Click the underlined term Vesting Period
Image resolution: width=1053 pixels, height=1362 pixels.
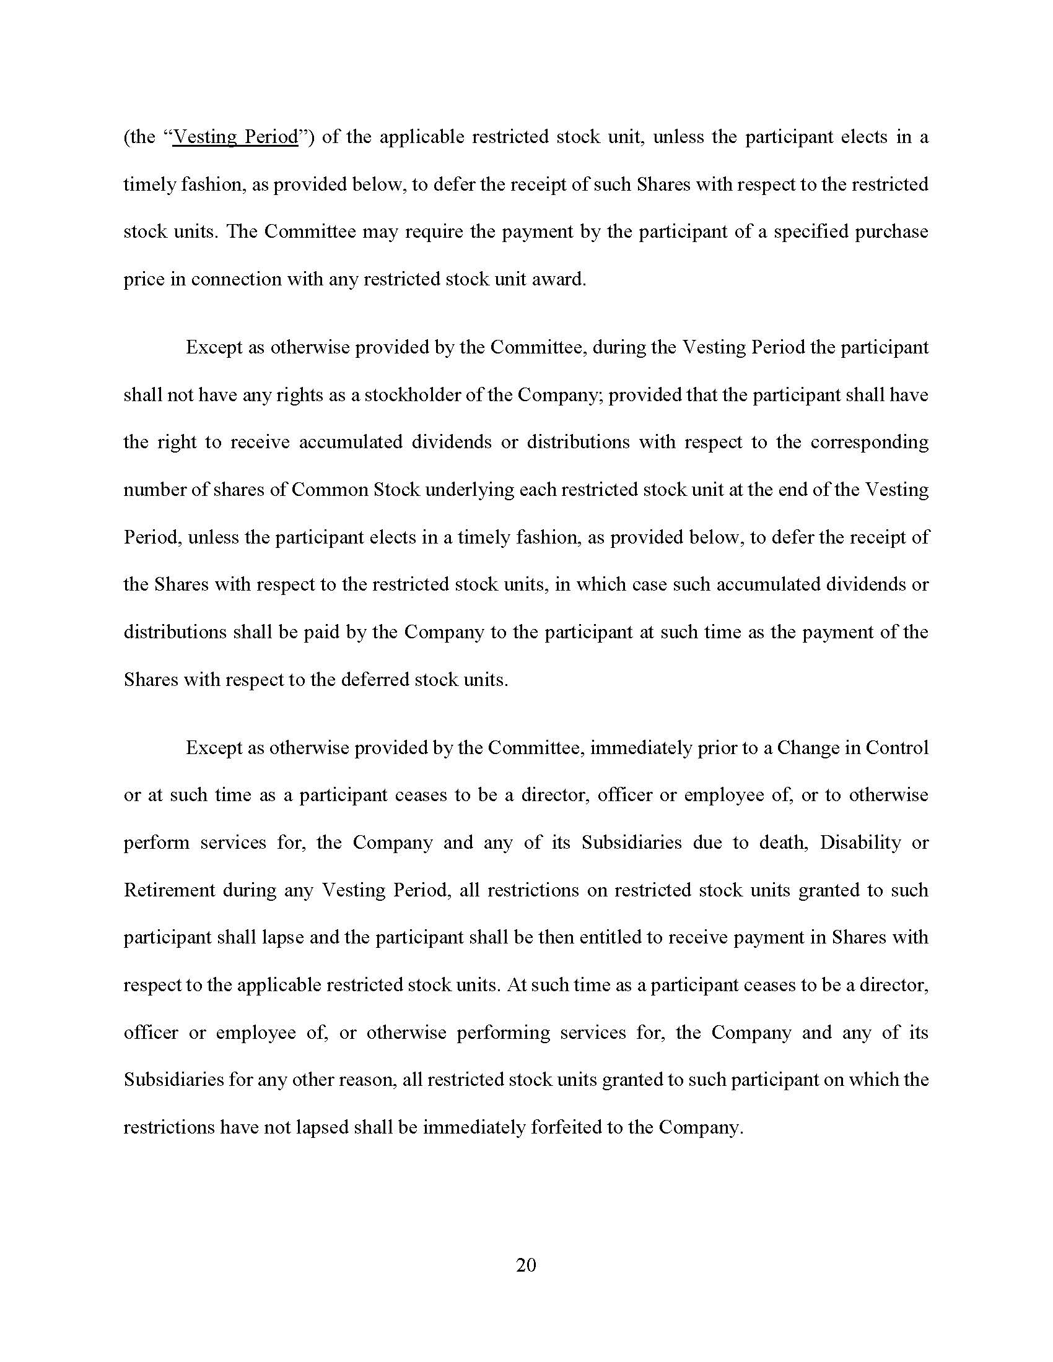236,137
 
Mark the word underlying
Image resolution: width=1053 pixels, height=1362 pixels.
470,490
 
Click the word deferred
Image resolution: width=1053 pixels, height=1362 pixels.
375,680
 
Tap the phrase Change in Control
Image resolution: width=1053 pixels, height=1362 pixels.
853,748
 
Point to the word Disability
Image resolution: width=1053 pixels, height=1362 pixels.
860,843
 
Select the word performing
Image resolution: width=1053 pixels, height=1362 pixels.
504,1033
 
